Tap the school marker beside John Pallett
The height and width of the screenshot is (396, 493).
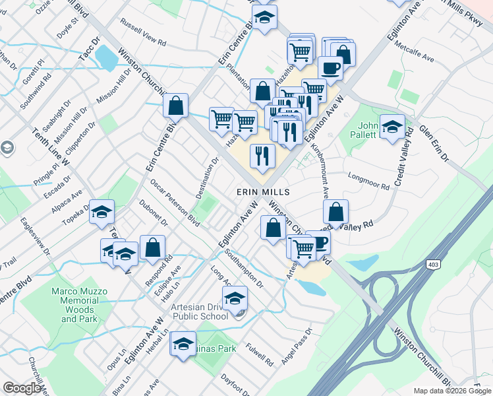[x=393, y=127]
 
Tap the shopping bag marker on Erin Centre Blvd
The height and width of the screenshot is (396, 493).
[x=176, y=106]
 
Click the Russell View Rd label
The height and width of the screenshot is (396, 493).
[x=143, y=31]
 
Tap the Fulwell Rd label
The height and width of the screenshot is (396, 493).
[x=260, y=353]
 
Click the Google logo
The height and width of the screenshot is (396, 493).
[x=22, y=388]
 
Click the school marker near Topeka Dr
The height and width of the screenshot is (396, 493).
[x=101, y=213]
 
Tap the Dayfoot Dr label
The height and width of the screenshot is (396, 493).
[x=235, y=384]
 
